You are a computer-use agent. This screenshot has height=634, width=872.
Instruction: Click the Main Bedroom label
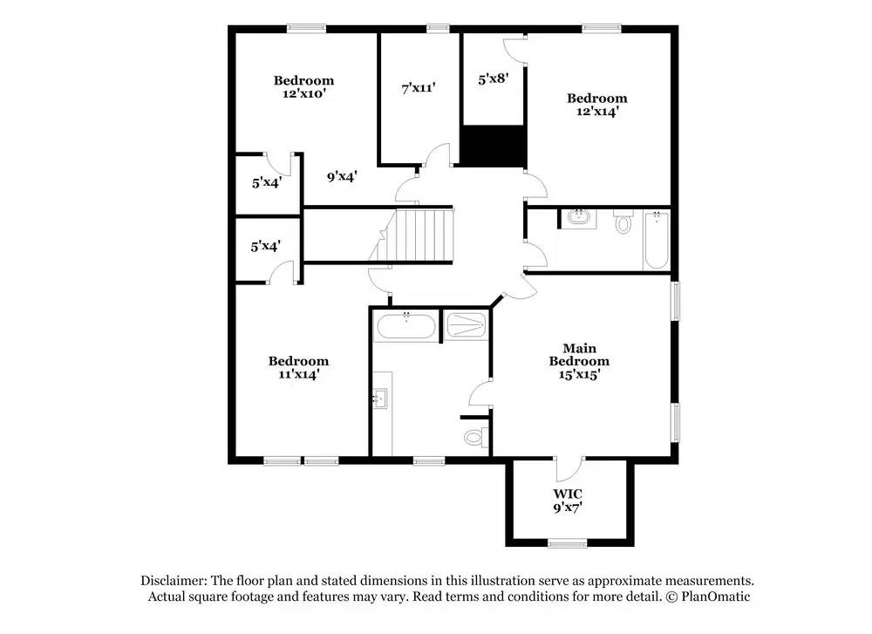579,355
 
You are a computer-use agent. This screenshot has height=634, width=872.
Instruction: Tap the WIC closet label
568,494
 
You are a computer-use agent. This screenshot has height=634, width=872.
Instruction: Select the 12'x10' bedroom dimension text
303,93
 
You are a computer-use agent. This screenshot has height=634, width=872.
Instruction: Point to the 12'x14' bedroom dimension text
596,111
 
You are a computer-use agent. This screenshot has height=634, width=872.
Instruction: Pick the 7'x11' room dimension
418,87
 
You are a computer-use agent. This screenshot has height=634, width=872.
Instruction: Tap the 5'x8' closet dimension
493,79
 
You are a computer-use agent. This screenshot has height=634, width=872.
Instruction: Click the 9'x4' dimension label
342,177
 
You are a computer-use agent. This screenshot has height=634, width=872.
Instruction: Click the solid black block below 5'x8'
493,145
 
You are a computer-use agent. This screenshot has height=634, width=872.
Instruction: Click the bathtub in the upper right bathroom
655,239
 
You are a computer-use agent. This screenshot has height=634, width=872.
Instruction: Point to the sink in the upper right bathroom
577,217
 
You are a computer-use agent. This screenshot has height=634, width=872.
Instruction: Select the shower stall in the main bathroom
466,326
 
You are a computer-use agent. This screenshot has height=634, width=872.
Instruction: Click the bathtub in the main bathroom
405,328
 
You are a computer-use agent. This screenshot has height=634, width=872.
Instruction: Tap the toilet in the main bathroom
474,434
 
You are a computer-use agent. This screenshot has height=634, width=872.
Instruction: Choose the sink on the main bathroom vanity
379,399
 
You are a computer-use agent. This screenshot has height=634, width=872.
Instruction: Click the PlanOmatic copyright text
708,597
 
